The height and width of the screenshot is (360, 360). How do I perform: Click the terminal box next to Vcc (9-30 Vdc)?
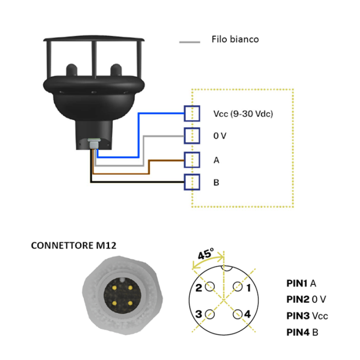point(192,113)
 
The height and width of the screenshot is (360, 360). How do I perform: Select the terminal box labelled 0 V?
point(192,136)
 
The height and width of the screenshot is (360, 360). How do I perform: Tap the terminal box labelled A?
point(192,159)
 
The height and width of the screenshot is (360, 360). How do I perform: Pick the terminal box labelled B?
point(192,182)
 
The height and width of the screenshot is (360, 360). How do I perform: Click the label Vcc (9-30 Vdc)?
point(242,114)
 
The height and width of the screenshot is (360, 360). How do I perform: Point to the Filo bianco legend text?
point(235,39)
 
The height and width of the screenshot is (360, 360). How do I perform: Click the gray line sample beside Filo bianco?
point(189,41)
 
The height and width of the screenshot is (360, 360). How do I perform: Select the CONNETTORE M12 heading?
point(74,245)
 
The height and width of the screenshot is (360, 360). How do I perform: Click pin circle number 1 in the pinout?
point(237,287)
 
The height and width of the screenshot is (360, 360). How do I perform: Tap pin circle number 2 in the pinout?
point(209,287)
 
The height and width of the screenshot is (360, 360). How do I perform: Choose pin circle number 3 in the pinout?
point(209,314)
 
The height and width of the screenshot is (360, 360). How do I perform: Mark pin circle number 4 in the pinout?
point(237,314)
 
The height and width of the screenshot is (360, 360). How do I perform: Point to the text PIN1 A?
point(301,283)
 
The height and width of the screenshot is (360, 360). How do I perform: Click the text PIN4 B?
point(302,332)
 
